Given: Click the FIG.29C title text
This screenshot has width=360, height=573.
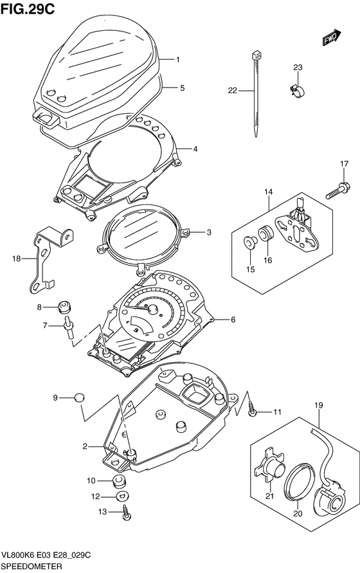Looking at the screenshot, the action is pyautogui.click(x=28, y=9).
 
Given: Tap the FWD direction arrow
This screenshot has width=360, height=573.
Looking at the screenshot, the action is pyautogui.click(x=332, y=37).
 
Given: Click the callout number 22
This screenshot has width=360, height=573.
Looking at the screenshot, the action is pyautogui.click(x=233, y=90).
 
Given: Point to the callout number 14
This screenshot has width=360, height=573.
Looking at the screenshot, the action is pyautogui.click(x=269, y=192).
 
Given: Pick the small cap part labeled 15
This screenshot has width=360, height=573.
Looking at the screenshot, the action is pyautogui.click(x=250, y=242).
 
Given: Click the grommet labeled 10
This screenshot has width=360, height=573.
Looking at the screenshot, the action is pyautogui.click(x=118, y=481).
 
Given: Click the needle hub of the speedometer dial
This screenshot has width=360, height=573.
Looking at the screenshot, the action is pyautogui.click(x=152, y=309).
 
